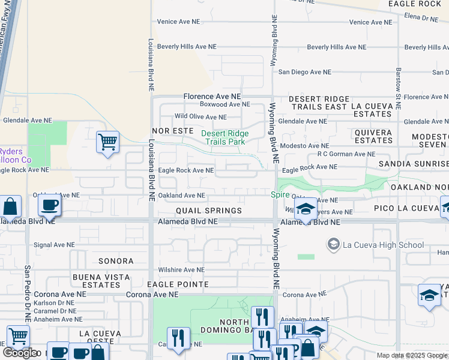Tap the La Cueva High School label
(383, 245)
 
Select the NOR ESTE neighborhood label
(173, 130)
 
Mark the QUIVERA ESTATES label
(373, 136)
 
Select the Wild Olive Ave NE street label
(200, 117)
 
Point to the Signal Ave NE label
(54, 245)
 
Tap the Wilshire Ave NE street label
(181, 270)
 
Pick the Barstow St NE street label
(398, 84)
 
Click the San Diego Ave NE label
(305, 72)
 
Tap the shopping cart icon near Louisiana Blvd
(108, 143)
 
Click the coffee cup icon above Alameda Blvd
(49, 205)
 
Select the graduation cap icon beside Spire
(306, 209)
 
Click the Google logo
(20, 353)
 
